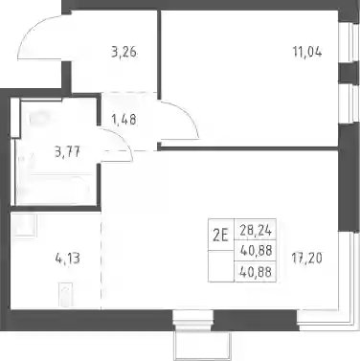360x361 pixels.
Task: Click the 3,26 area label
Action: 124,52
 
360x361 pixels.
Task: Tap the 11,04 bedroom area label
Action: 307,52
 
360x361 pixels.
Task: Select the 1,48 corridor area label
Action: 124,120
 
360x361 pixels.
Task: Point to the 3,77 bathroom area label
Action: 67,151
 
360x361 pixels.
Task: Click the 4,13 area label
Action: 67,259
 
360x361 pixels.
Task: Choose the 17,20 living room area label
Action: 307,258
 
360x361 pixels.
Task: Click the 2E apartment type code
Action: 221,237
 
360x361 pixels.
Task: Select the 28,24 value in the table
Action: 256,230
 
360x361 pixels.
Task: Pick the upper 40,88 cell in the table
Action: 256,251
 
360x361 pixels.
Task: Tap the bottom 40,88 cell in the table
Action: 256,272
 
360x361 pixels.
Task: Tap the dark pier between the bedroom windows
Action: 348,74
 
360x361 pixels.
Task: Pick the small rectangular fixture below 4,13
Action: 66,294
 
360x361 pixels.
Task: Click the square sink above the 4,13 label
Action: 24,225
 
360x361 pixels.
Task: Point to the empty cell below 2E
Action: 221,266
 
